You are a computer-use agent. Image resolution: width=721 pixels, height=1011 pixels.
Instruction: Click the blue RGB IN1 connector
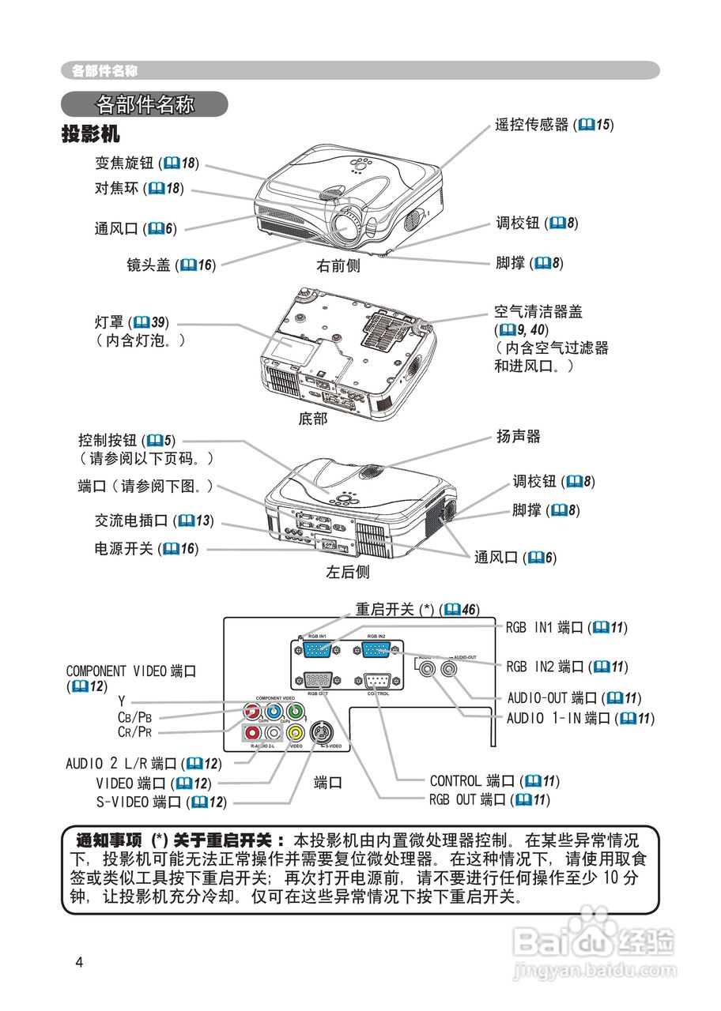316,650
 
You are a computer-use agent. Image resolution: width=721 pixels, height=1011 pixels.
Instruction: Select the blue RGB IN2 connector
376,650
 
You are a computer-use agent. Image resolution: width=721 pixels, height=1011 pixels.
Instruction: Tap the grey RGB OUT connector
318,681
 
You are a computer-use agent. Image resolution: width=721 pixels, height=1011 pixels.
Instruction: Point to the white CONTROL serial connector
377,681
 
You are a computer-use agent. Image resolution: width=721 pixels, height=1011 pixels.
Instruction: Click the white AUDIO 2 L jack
273,733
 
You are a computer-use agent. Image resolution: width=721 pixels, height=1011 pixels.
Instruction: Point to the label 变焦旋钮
124,163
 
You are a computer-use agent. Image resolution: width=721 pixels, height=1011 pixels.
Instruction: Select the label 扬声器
518,436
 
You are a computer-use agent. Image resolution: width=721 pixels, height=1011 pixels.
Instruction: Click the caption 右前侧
338,266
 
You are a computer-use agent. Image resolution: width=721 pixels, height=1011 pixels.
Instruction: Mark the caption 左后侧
348,571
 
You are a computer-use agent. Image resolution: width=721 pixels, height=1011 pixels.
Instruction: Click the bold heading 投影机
91,133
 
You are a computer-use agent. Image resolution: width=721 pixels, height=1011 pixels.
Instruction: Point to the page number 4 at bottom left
78,961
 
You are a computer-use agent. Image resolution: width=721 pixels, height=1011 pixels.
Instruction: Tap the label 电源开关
124,548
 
